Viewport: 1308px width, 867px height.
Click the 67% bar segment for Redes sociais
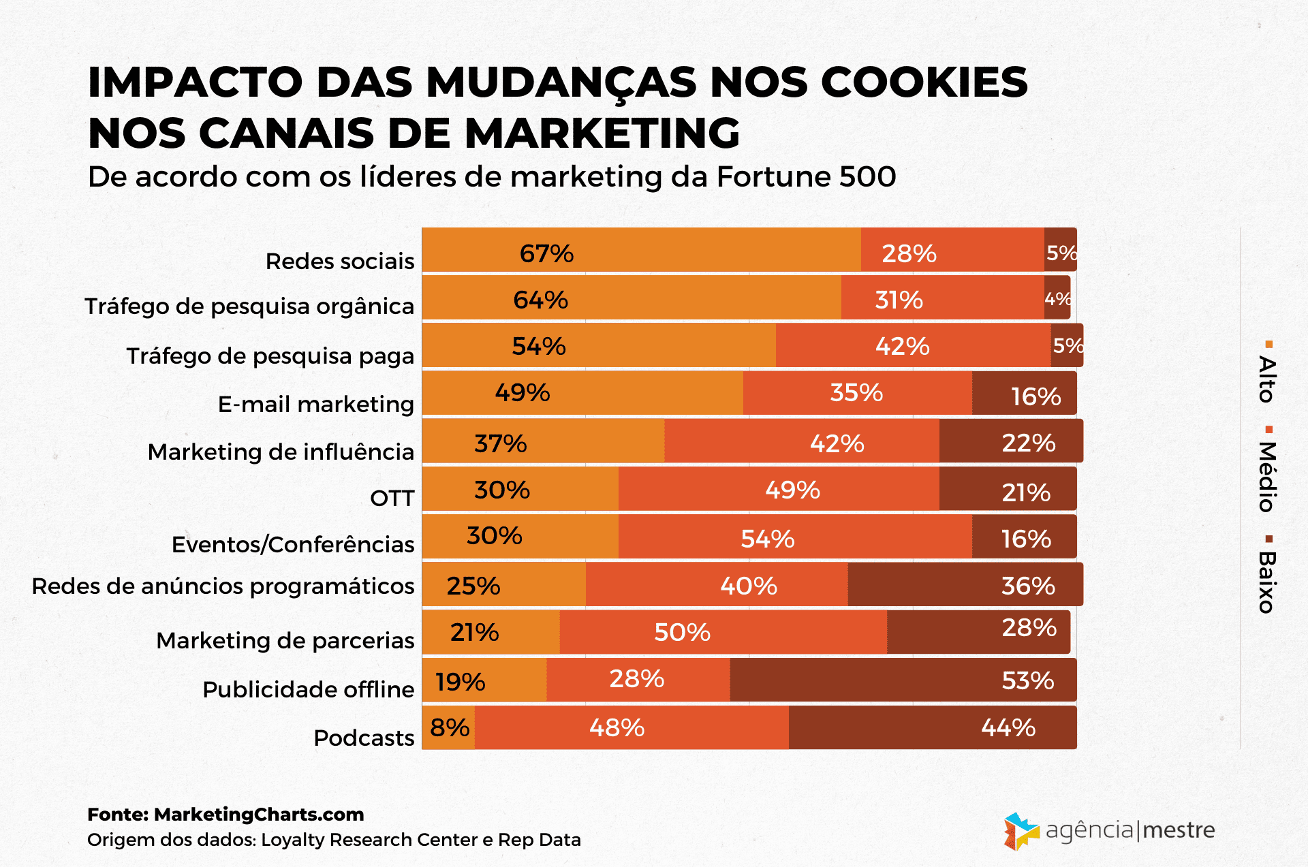(641, 250)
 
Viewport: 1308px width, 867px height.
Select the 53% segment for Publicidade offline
(903, 680)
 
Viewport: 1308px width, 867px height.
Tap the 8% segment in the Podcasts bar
(449, 727)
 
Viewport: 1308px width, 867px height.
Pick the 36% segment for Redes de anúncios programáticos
(965, 584)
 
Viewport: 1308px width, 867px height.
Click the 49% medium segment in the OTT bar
(779, 489)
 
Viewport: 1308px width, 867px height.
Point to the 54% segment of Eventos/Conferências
(795, 537)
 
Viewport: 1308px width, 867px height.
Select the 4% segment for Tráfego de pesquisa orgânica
(1057, 298)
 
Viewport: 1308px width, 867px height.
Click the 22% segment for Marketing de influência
(1010, 441)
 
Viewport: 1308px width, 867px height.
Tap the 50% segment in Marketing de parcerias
(723, 632)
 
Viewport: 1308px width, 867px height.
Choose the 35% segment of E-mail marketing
(857, 393)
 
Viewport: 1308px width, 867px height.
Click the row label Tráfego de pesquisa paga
(270, 356)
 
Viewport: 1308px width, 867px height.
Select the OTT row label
(392, 498)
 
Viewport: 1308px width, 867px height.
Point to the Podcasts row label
(364, 738)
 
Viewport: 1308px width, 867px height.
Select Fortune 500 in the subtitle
(806, 177)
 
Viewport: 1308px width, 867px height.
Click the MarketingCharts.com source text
(259, 815)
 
